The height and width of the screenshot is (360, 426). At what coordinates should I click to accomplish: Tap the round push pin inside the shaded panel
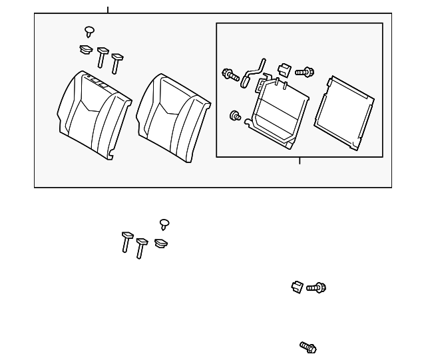coord(89,31)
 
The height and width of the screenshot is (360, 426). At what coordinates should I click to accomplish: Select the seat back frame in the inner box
coord(279,110)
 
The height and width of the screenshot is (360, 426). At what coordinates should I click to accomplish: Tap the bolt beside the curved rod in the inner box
coord(230,75)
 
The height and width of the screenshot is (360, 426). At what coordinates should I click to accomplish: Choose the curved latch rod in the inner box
coord(252,71)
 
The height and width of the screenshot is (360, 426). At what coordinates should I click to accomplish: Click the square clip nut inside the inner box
coord(284,69)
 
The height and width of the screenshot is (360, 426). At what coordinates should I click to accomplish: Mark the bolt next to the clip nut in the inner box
coord(304,71)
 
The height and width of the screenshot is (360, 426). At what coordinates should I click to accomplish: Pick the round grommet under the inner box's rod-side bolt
coord(235,116)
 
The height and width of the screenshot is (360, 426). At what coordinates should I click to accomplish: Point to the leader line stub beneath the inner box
coord(300,160)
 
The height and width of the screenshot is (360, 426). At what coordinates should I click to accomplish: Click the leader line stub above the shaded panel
coord(108,9)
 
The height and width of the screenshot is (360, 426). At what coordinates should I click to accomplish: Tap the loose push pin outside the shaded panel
coord(164,224)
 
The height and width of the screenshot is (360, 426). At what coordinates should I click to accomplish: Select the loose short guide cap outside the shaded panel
coord(160,244)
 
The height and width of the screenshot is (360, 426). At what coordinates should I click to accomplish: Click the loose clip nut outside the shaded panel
coord(298,287)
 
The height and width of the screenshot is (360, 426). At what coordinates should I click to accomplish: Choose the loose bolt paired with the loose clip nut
coord(316,288)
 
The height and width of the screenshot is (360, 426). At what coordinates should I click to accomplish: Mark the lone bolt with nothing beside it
coord(308,347)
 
